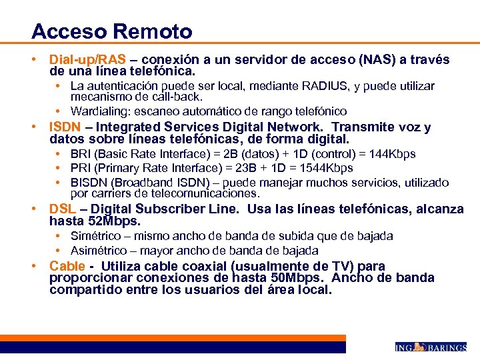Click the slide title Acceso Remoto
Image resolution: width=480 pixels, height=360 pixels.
coord(111,31)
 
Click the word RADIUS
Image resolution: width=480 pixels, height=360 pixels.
coord(322,86)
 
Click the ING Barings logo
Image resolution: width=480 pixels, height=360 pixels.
coord(430,347)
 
